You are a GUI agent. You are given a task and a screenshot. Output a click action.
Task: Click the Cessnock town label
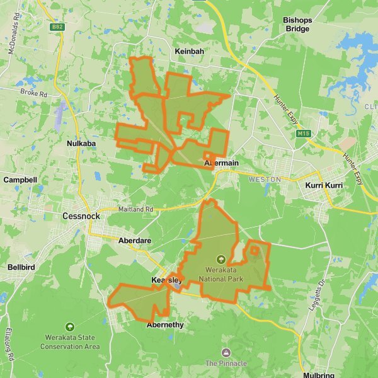(x=82, y=215)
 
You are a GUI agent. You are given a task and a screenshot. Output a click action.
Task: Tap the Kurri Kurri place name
(x=323, y=186)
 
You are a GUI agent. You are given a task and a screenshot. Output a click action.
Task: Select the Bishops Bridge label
(x=297, y=25)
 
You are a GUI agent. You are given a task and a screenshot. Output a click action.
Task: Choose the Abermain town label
(x=222, y=163)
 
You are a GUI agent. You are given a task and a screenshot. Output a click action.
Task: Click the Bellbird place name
(x=21, y=267)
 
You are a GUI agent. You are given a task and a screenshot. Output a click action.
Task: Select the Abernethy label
(x=165, y=325)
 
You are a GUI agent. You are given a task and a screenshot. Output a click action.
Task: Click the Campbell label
(x=20, y=180)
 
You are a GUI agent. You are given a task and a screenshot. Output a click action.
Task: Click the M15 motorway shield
(x=304, y=134)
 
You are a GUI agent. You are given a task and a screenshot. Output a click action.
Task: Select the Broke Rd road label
(x=34, y=93)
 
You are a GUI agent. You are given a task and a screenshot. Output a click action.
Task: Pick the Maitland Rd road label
(x=135, y=209)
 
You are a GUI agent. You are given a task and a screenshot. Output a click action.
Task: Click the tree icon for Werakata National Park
(x=220, y=259)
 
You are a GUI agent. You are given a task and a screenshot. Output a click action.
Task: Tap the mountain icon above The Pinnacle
(x=226, y=353)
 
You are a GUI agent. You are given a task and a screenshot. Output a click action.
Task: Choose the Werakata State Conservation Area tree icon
(x=70, y=326)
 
